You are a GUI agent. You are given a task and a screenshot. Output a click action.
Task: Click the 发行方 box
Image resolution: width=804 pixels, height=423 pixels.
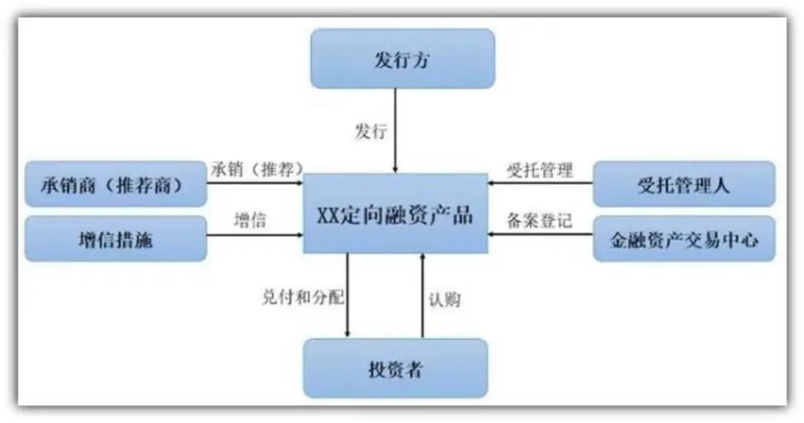403,59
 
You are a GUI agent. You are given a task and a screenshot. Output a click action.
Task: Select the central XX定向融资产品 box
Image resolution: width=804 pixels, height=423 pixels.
395,213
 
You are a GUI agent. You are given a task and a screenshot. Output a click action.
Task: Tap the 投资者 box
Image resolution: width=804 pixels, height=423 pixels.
395,368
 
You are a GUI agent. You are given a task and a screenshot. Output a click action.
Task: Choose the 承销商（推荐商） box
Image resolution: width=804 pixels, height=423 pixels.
116,184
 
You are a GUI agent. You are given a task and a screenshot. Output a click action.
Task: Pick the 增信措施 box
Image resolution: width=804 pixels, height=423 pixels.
116,239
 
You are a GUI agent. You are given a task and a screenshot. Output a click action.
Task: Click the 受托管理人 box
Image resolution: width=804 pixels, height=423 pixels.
684,184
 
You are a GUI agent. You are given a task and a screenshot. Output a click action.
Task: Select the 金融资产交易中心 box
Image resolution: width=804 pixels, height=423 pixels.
684,239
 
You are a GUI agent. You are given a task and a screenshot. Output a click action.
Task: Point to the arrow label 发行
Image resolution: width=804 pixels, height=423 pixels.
371,131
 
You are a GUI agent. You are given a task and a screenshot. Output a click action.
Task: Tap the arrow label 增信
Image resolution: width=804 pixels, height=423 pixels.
250,220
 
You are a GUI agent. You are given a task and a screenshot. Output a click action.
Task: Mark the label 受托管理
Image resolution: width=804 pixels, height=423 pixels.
540,170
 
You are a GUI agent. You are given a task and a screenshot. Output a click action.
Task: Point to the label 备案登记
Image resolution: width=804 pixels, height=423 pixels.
540,220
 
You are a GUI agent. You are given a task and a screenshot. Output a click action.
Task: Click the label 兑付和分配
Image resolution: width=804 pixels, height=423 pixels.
303,297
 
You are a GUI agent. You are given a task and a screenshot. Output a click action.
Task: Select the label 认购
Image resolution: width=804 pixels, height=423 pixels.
444,300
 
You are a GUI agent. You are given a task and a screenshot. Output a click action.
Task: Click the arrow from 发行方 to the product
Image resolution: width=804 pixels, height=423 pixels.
395,131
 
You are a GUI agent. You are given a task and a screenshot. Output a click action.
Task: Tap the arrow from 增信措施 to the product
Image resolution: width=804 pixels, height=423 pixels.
255,235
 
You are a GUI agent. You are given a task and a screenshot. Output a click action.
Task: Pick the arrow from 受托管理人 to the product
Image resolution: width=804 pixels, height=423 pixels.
540,183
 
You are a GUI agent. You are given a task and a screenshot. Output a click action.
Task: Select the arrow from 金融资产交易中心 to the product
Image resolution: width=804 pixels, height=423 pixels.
540,234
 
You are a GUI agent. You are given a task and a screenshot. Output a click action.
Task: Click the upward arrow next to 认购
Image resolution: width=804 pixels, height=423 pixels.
423,295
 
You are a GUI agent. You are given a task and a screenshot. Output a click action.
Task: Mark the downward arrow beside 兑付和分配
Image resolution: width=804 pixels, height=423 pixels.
348,295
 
